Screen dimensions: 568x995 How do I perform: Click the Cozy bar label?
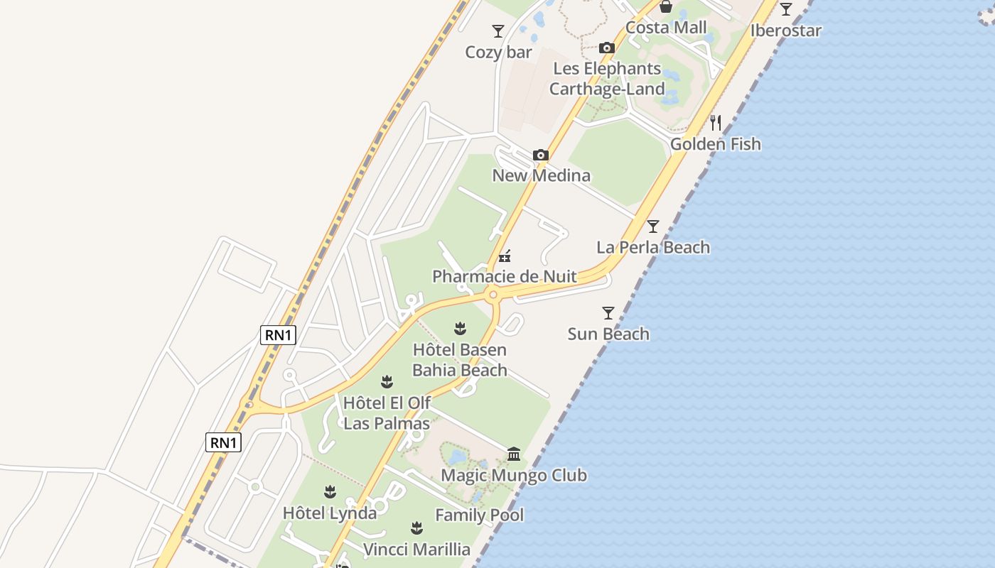(x=498, y=53)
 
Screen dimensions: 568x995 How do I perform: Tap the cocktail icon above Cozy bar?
(x=498, y=31)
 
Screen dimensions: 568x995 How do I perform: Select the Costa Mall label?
(x=666, y=28)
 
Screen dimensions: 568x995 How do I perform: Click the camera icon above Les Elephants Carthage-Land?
(x=606, y=48)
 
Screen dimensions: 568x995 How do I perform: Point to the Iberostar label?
(x=785, y=31)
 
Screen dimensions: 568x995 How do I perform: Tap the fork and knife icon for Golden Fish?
(x=716, y=123)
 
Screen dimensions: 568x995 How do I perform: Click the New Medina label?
(x=541, y=175)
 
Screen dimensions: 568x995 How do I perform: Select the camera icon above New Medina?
(x=541, y=155)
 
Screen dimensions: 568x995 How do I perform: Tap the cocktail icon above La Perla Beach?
(x=653, y=226)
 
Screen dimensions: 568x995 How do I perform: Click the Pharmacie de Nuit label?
(x=505, y=276)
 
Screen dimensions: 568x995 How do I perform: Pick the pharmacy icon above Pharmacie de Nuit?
(x=505, y=256)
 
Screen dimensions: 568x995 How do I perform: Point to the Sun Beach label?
(x=608, y=334)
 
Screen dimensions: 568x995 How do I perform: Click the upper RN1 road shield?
(x=278, y=335)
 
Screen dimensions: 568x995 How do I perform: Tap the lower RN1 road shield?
(x=224, y=442)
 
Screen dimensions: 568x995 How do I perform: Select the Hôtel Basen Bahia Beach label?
(x=460, y=360)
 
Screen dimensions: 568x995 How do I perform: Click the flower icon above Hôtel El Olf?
(x=387, y=382)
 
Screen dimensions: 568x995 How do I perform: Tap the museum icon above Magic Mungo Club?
(x=514, y=454)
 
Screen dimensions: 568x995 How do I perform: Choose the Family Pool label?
(x=479, y=515)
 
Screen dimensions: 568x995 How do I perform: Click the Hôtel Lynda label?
(x=330, y=513)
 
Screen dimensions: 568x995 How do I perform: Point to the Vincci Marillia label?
(x=416, y=550)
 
